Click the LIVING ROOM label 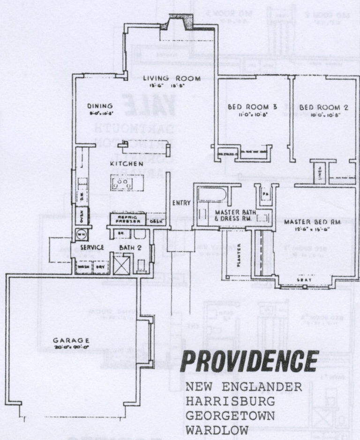172,78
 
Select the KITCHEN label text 127,164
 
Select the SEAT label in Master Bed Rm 304,280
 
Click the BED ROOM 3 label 252,107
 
